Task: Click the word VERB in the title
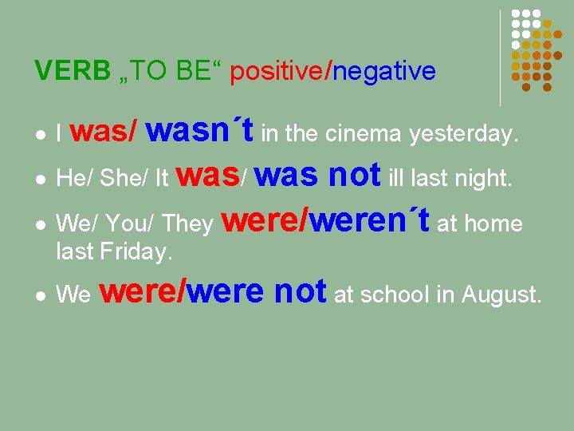(x=73, y=72)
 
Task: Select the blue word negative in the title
(x=384, y=72)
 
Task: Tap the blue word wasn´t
(x=200, y=131)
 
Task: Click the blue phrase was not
(x=319, y=175)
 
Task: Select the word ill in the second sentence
(x=396, y=180)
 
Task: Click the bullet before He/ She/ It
(x=40, y=180)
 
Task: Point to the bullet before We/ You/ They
(x=40, y=224)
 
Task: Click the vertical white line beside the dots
(x=500, y=57)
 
